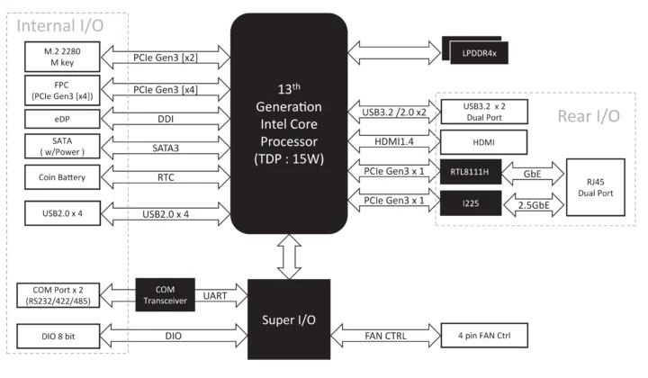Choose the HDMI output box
coord(483,141)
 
